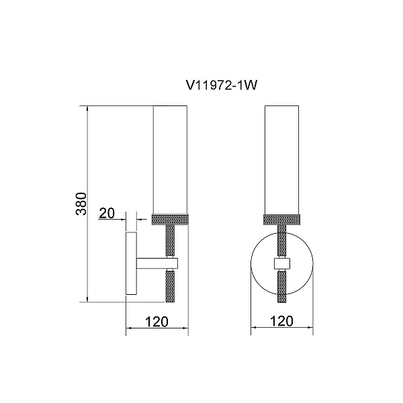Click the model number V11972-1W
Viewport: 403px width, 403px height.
(221, 85)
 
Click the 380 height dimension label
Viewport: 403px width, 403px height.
(82, 204)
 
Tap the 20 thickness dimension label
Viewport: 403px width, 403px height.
(107, 213)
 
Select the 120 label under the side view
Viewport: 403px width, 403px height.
(156, 322)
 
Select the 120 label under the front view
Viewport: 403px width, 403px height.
(281, 321)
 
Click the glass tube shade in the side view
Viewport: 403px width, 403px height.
(170, 160)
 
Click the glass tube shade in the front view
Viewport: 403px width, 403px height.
(281, 160)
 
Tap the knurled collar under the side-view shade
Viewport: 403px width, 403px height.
(170, 220)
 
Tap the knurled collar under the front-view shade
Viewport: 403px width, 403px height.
(281, 220)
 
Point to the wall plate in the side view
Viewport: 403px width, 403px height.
(131, 263)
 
